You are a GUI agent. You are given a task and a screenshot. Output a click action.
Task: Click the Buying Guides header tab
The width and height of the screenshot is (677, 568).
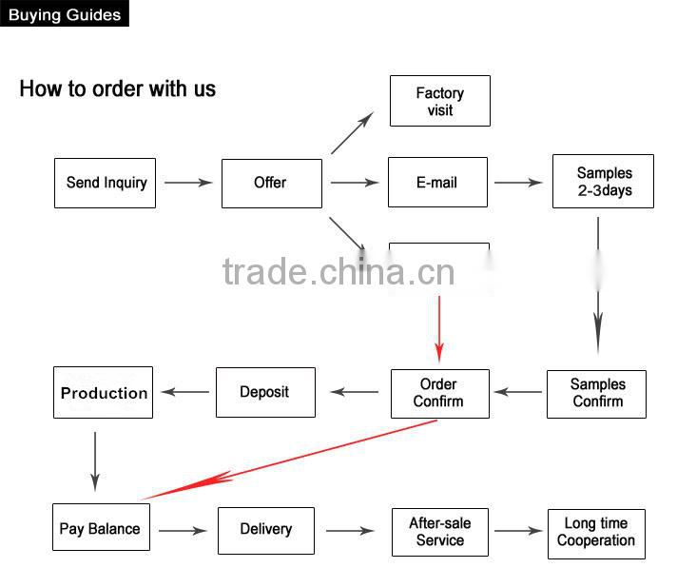[x=65, y=14]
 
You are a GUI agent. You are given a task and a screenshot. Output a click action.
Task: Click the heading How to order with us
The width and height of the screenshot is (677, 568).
[x=118, y=89]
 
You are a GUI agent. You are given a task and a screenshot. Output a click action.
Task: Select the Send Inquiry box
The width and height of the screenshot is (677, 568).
[x=106, y=183]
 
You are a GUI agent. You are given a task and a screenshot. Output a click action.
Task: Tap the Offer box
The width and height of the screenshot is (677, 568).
[x=271, y=183]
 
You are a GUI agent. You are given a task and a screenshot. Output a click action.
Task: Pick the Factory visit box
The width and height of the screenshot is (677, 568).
[x=440, y=102]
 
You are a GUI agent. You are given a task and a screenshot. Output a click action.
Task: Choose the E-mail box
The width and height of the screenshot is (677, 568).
[x=437, y=183]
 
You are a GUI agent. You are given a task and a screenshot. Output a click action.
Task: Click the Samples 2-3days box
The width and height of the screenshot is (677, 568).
[x=603, y=182]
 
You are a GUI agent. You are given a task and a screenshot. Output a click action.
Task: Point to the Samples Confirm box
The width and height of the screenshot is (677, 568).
[x=596, y=394]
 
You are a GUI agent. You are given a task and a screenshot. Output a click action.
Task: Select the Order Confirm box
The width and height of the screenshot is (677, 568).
[x=439, y=394]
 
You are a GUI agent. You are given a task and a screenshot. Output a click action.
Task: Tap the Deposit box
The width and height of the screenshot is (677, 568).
[x=265, y=392]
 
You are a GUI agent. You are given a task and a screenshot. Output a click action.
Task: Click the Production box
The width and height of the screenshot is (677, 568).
[x=104, y=392]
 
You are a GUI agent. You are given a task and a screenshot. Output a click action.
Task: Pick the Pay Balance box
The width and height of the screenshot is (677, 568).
[x=101, y=529]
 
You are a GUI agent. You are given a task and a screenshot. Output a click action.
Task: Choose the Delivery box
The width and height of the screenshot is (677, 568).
[x=266, y=530]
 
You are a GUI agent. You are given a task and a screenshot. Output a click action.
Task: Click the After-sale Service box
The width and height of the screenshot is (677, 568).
[x=440, y=532]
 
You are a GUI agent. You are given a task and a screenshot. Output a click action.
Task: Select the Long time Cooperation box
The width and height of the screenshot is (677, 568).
[x=596, y=533]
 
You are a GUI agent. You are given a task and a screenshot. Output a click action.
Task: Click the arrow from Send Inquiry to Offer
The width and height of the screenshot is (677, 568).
[x=188, y=183]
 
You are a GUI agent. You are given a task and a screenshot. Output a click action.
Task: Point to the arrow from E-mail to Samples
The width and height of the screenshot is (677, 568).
[x=518, y=183]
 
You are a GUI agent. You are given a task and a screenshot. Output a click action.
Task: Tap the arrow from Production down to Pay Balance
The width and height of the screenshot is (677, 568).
[x=95, y=460]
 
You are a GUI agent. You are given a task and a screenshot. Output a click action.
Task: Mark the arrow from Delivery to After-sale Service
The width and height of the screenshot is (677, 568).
[x=350, y=531]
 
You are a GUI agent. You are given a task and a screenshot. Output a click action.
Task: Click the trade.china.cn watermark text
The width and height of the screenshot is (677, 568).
[x=339, y=272]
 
